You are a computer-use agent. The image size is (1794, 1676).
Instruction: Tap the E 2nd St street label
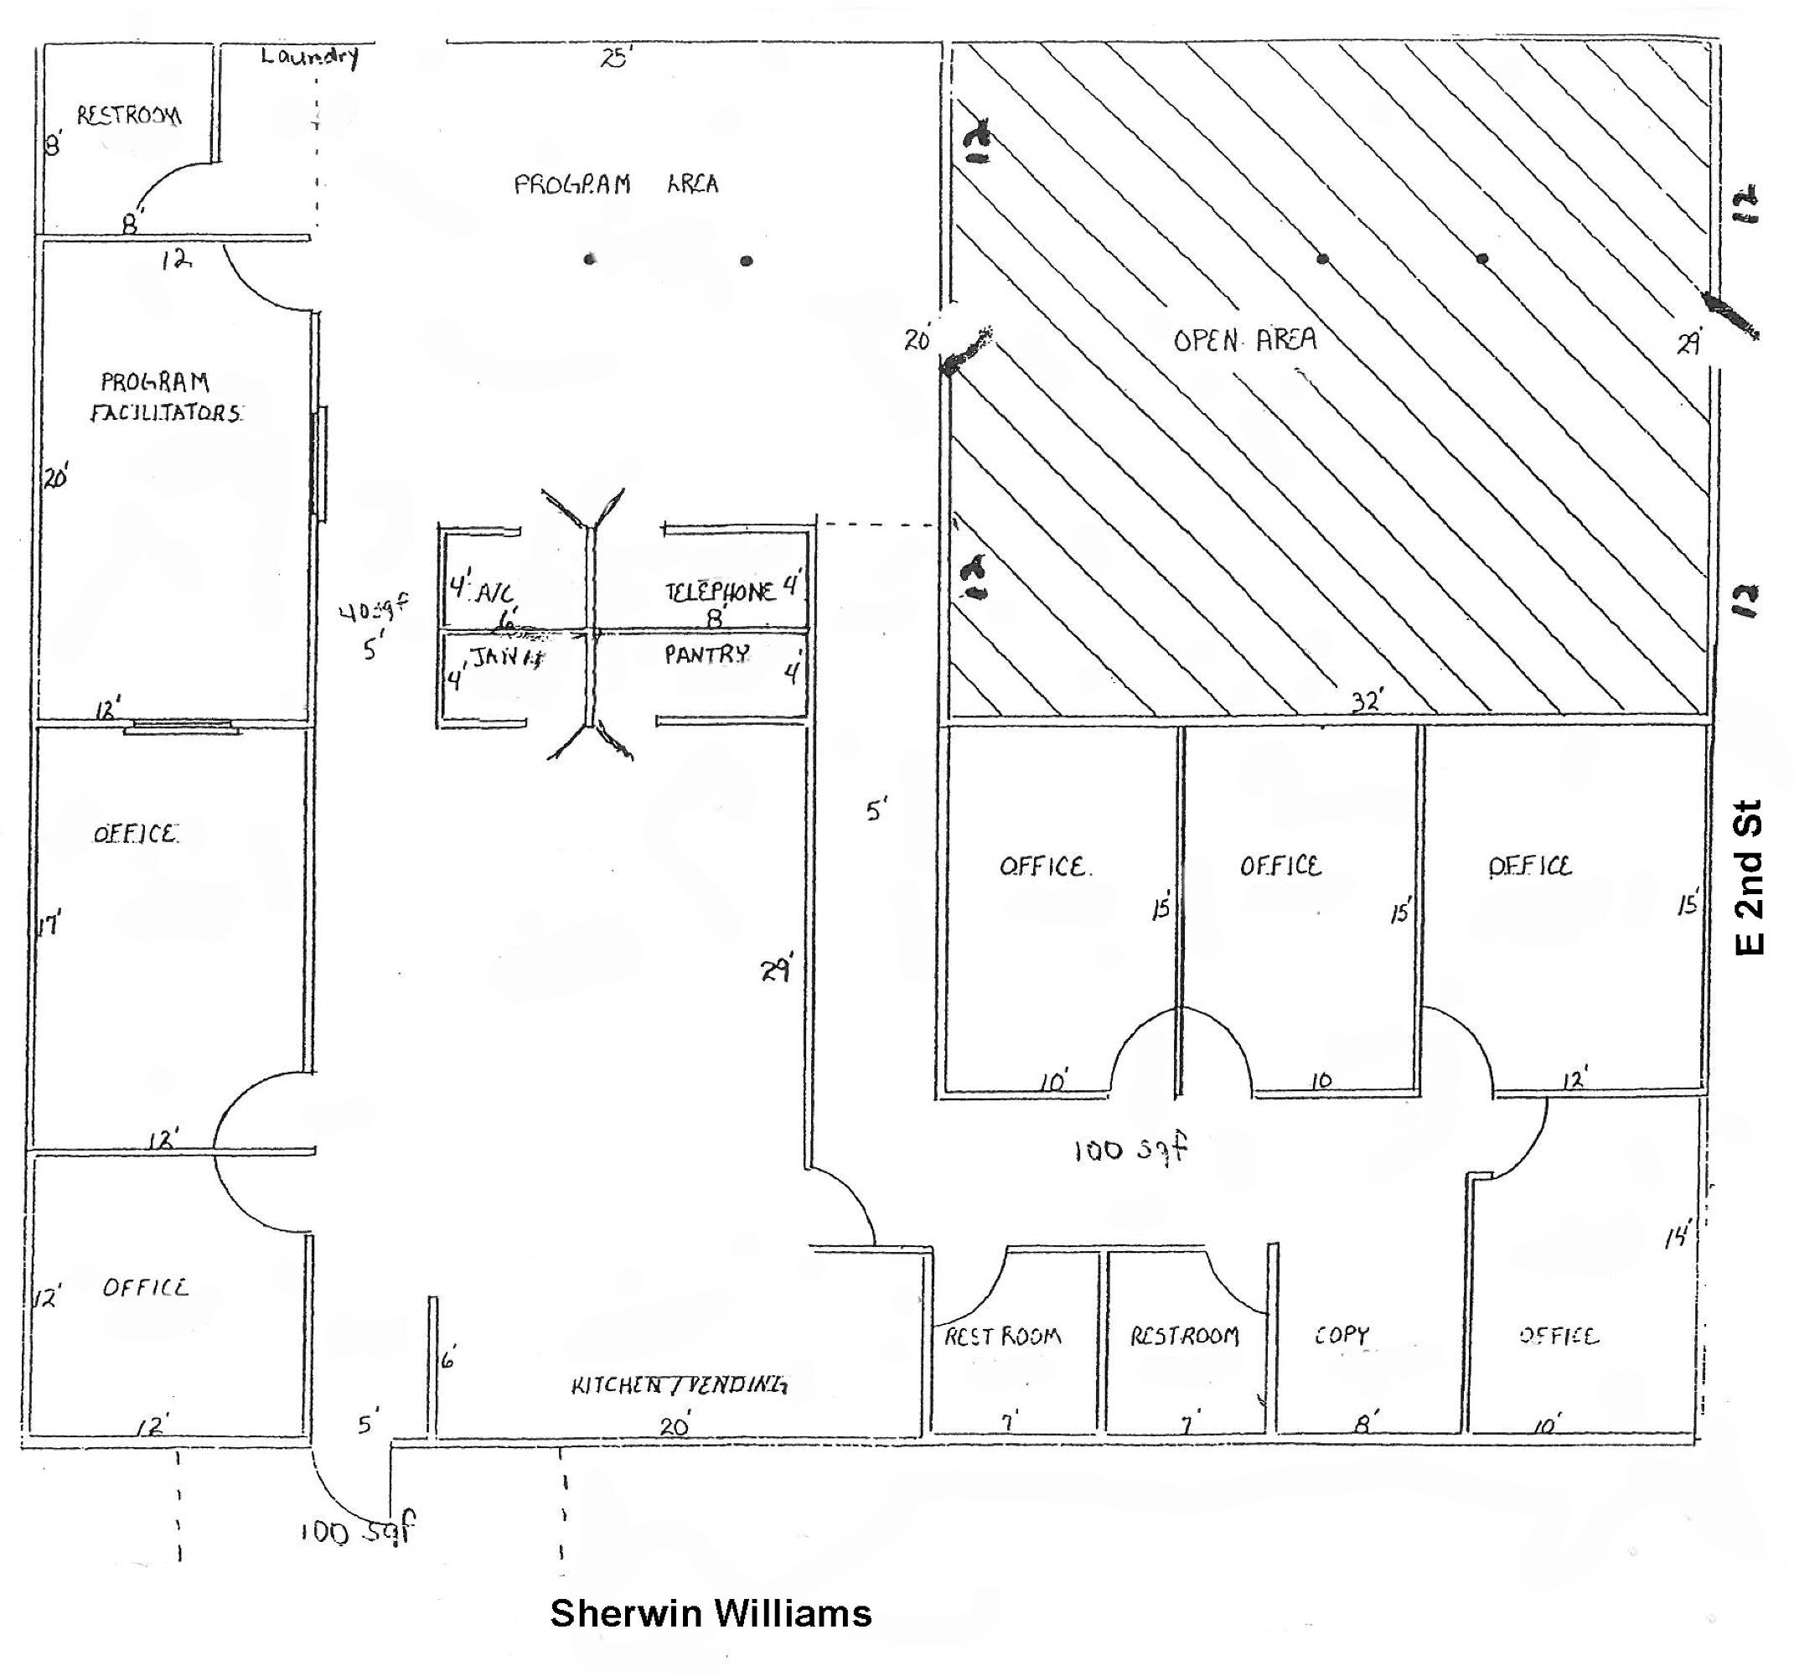[1749, 877]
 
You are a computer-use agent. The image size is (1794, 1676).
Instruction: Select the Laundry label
[309, 56]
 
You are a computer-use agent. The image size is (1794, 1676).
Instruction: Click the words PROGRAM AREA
[617, 184]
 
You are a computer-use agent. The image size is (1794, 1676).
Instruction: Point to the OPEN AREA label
[1244, 340]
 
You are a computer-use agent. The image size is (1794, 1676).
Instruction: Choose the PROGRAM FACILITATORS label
[167, 397]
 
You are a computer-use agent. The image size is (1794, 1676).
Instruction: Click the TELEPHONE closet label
[719, 592]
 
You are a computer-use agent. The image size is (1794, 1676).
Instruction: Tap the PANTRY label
[706, 654]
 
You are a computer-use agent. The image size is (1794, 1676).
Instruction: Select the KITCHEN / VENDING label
[679, 1384]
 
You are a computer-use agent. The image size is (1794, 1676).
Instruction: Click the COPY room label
[1341, 1335]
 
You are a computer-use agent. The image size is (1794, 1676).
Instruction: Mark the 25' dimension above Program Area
[618, 59]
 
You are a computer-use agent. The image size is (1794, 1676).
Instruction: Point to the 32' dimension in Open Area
[1367, 701]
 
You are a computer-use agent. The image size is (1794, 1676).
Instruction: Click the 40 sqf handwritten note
[374, 610]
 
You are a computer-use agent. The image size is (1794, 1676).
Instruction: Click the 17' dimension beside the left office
[50, 924]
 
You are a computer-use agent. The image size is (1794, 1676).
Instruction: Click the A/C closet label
[494, 593]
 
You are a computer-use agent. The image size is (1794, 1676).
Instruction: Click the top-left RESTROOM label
[129, 116]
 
